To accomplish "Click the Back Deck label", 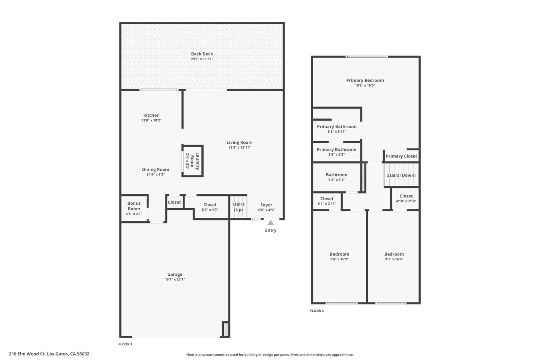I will click(x=202, y=54).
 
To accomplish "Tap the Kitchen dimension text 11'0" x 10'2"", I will click(x=151, y=120).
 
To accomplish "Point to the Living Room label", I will click(x=239, y=142).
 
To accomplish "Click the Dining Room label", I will click(x=155, y=169).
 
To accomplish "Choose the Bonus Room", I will click(x=134, y=208).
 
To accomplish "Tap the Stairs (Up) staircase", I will click(x=238, y=207).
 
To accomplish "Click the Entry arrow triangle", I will click(x=270, y=223).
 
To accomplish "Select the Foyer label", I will click(x=266, y=205).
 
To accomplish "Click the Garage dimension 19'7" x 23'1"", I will click(x=175, y=279).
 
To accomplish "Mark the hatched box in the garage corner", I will click(x=226, y=329).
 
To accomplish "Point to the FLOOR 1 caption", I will click(x=125, y=344).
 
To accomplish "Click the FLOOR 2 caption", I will click(x=317, y=310).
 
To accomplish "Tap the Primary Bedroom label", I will click(x=365, y=80).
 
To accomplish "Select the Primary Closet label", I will click(x=401, y=156).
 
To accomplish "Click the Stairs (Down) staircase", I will click(x=401, y=175).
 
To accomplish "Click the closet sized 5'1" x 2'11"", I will click(x=327, y=201).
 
